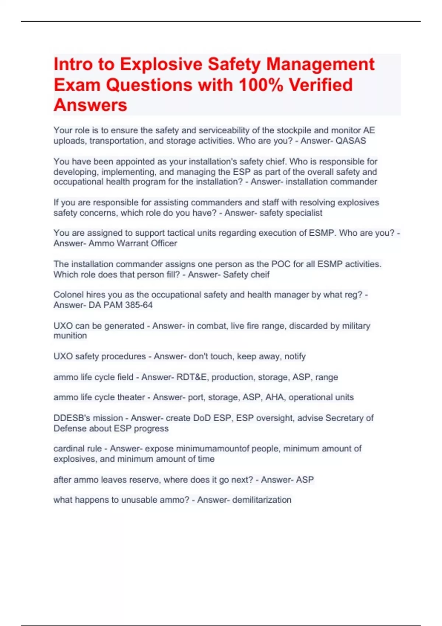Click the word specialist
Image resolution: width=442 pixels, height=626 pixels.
(304, 213)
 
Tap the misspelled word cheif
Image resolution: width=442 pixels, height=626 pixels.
(260, 275)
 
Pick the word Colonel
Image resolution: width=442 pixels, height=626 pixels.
(69, 295)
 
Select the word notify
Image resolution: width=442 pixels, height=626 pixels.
(295, 356)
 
